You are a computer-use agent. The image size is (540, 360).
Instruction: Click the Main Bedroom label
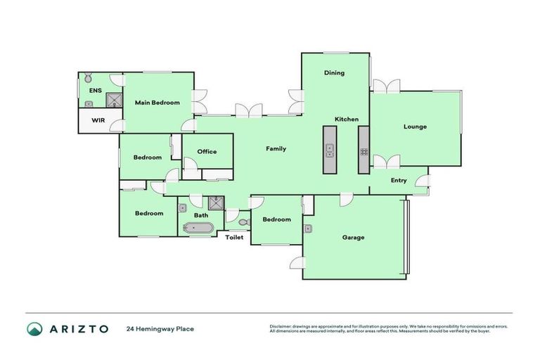pos(157,103)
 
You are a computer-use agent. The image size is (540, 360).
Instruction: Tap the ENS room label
pos(95,91)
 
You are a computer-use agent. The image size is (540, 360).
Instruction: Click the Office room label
pos(207,151)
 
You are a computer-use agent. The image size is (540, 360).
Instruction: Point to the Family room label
pos(275,149)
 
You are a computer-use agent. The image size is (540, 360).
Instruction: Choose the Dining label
pos(334,72)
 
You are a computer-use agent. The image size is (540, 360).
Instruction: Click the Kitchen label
pos(347,119)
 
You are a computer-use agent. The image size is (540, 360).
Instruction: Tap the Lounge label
pos(415,127)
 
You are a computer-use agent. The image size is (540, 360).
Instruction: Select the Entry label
pos(399,181)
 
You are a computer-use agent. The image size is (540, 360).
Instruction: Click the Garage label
pos(353,238)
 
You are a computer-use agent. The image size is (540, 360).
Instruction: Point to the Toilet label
pos(234,238)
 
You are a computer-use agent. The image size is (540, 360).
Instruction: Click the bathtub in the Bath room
pos(198,228)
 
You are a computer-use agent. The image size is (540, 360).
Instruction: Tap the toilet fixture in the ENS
pos(89,77)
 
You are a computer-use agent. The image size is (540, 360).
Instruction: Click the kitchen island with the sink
pos(330,150)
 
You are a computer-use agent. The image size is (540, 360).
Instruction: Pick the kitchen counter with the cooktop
pos(364,150)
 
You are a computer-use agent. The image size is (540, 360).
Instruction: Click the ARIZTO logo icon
pos(34,328)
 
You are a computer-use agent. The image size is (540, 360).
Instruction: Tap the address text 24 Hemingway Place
pos(160,328)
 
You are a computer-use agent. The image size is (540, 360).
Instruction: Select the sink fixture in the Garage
pos(308,229)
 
